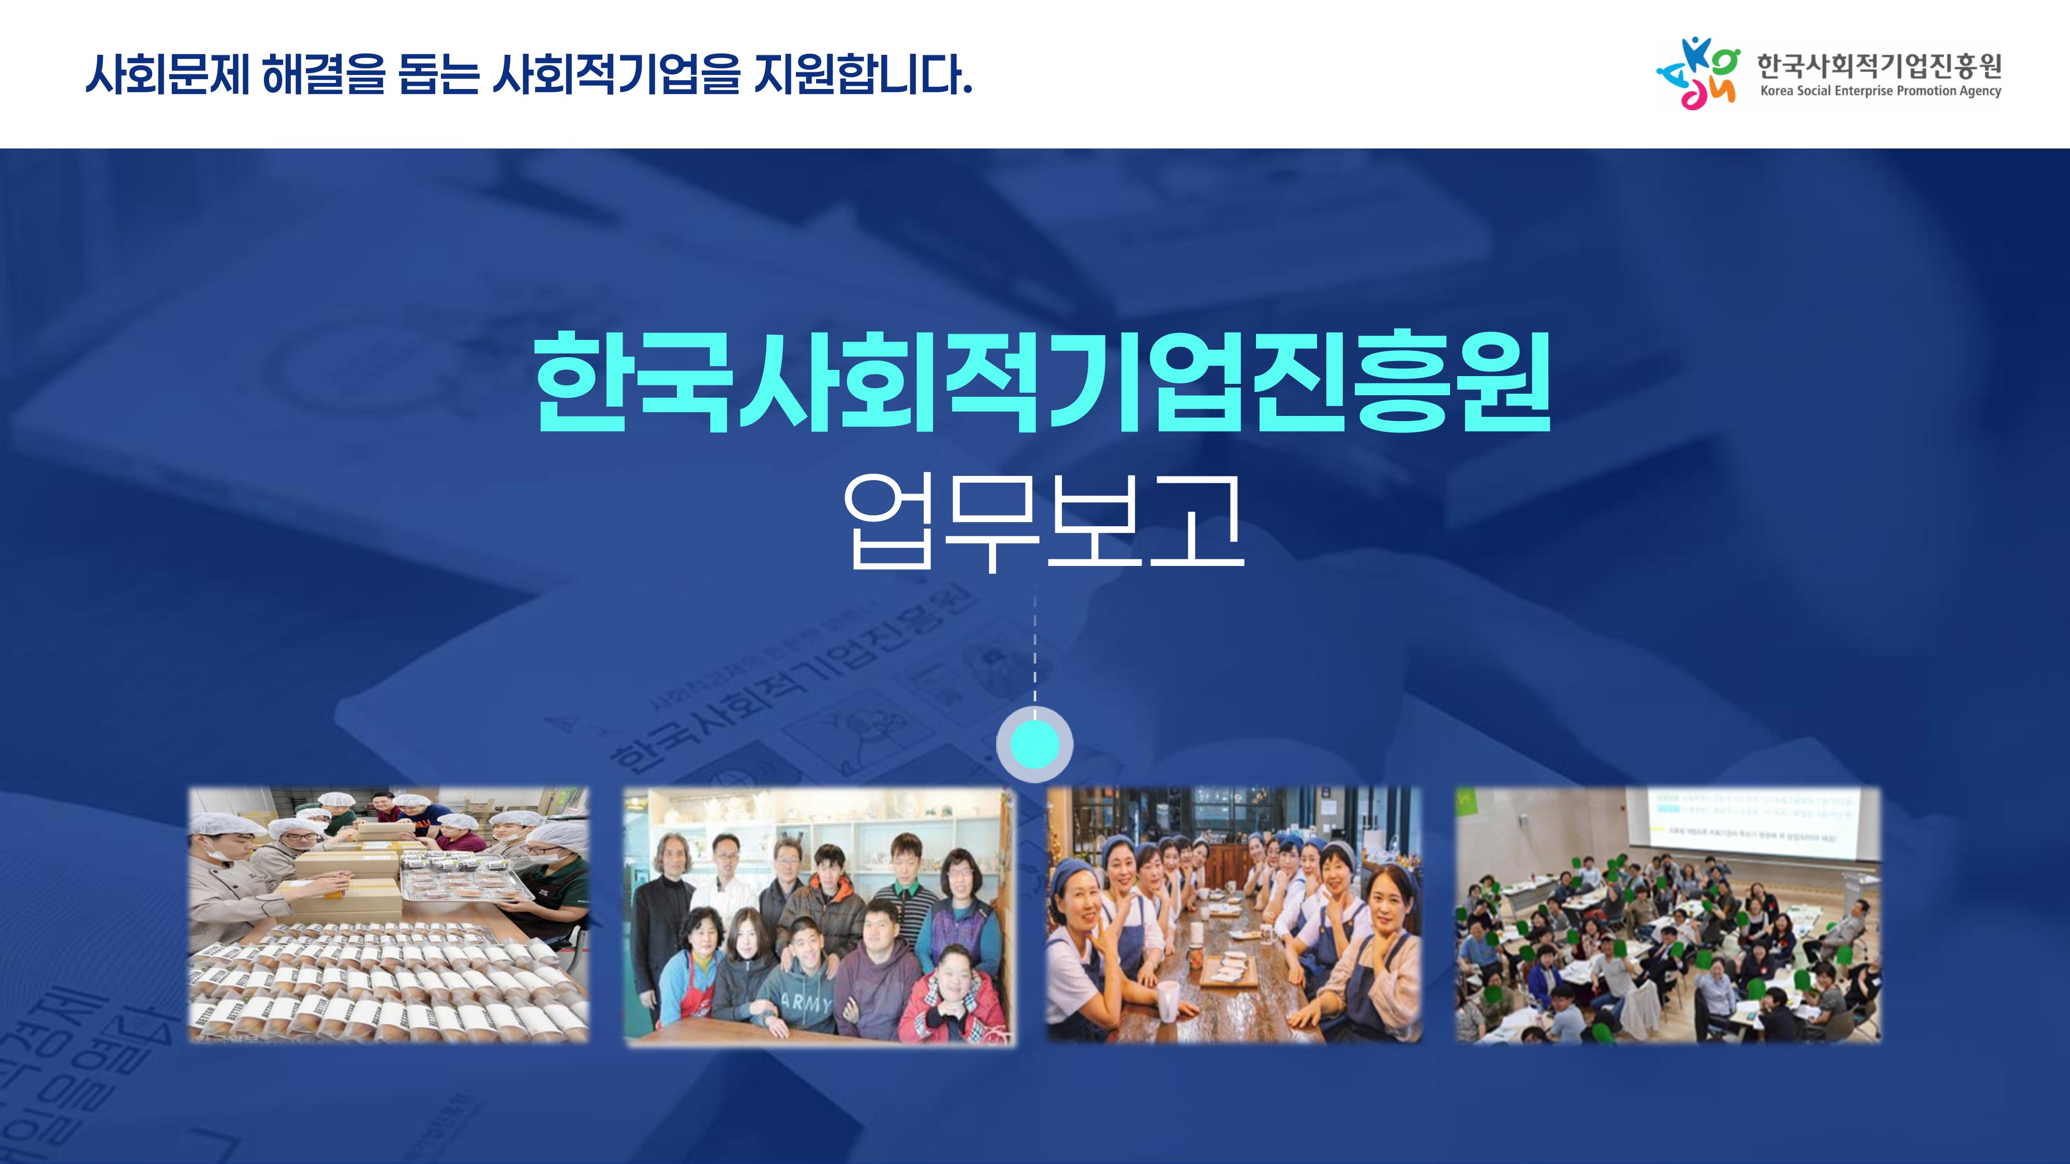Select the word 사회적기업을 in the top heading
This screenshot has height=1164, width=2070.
615,74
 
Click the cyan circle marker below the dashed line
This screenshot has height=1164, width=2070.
1034,744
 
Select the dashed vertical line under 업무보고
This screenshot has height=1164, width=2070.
1034,651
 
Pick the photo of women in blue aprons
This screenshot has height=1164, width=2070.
1234,915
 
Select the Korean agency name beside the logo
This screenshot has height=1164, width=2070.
1878,65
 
